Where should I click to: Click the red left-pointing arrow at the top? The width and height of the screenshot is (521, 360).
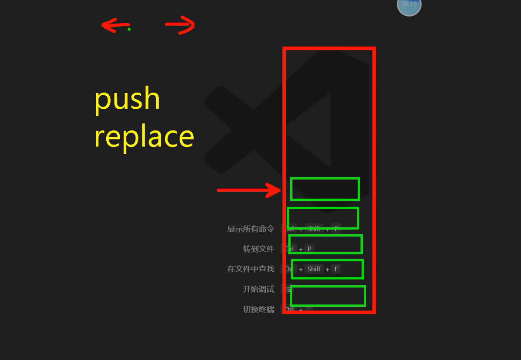[115, 26]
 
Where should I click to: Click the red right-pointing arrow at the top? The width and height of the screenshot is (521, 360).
[180, 25]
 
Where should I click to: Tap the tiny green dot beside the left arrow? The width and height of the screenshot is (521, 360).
[129, 29]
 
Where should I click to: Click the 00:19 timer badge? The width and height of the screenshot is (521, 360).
[409, 4]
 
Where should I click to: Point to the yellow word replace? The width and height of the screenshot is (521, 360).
[144, 137]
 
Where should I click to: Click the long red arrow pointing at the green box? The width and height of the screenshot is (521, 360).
[249, 190]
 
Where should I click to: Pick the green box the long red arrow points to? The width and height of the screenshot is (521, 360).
[325, 189]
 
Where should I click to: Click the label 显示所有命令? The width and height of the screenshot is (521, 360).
[250, 228]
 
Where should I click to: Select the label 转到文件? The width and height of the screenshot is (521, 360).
[258, 249]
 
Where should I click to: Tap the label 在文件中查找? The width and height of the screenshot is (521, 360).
[250, 269]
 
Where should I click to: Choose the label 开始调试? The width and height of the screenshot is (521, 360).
[258, 289]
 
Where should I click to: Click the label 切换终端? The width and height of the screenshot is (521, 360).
[258, 309]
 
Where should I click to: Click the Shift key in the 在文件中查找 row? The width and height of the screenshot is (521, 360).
[314, 269]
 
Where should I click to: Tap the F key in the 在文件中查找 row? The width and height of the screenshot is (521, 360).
[336, 269]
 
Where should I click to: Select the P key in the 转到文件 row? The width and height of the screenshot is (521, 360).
[309, 249]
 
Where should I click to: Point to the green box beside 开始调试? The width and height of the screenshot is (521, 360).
[328, 296]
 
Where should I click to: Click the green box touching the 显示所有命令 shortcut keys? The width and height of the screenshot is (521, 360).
[323, 218]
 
